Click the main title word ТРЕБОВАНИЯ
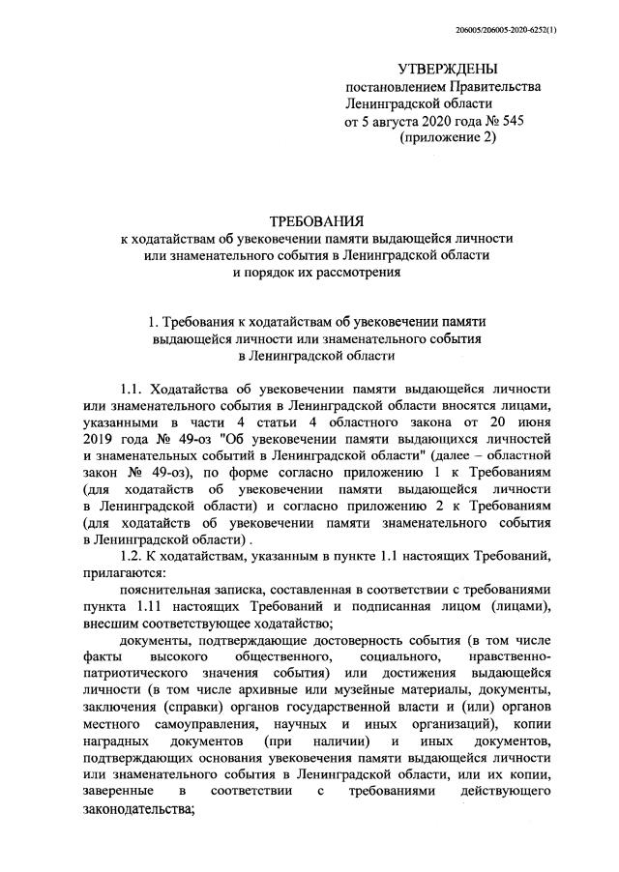309,221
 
